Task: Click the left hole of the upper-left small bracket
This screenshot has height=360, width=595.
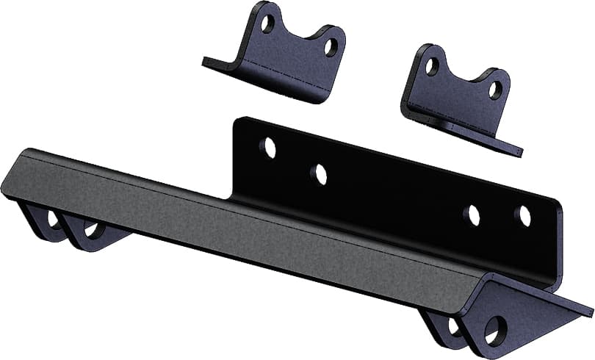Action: click(x=267, y=23)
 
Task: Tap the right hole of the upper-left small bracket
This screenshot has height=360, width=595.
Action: click(x=331, y=48)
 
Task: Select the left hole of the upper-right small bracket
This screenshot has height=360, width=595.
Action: click(x=432, y=66)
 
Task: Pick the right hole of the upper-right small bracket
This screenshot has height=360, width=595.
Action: click(x=496, y=90)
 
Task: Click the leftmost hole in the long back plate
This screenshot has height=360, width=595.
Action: click(x=270, y=148)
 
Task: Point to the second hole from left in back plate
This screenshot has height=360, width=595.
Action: click(x=319, y=174)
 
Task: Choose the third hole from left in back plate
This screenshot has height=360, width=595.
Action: click(x=472, y=215)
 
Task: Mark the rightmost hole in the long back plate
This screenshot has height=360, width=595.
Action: click(x=523, y=215)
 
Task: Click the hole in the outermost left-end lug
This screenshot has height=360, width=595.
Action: click(x=53, y=218)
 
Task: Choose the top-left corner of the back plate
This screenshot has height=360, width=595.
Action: click(x=237, y=120)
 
